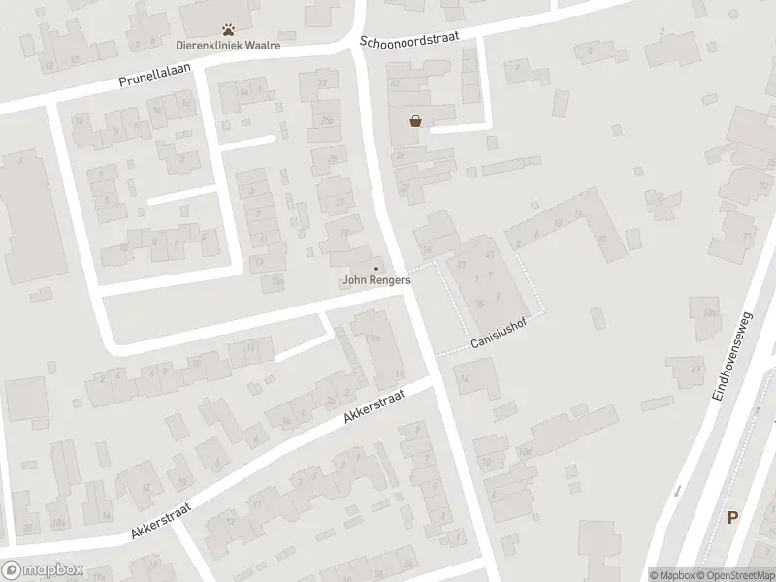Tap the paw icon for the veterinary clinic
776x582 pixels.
click(229, 30)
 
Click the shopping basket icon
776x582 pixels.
click(416, 122)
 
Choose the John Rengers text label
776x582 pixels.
click(376, 280)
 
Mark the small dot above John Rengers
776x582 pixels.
click(376, 269)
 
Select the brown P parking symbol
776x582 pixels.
click(733, 517)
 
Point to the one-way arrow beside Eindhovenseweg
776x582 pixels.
click(678, 489)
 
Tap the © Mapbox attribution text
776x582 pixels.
click(671, 574)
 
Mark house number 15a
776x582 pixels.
click(278, 280)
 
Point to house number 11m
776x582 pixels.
click(372, 337)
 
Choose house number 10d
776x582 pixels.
click(526, 453)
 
